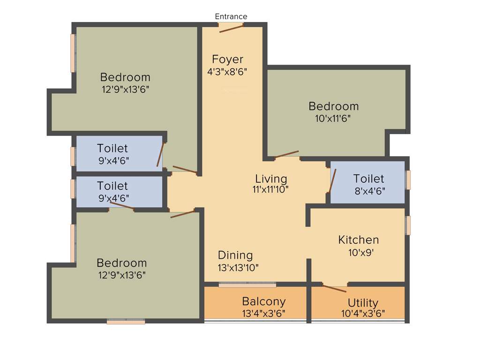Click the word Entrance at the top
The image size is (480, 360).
tap(231, 16)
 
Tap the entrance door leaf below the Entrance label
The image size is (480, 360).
tap(231, 28)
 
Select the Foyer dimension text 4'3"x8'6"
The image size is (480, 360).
tap(227, 72)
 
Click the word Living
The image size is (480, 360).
tap(271, 179)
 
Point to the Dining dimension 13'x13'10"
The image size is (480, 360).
tap(238, 268)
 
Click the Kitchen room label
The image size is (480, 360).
tap(359, 240)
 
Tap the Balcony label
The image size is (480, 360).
tap(263, 301)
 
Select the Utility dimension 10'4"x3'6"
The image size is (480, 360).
tap(363, 313)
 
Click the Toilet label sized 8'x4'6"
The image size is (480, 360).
tap(368, 179)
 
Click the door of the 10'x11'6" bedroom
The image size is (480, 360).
tap(286, 154)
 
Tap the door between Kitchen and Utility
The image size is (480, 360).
tap(334, 288)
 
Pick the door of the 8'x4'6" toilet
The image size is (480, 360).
tap(332, 180)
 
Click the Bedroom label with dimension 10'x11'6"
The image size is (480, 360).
tap(333, 106)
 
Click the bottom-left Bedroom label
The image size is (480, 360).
tap(121, 263)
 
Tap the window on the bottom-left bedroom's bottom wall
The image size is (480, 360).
tap(126, 322)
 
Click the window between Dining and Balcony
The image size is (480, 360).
tap(247, 284)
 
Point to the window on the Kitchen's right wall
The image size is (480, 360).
tap(408, 225)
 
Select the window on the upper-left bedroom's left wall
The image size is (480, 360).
tap(73, 53)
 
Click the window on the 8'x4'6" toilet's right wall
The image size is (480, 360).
tap(408, 180)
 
